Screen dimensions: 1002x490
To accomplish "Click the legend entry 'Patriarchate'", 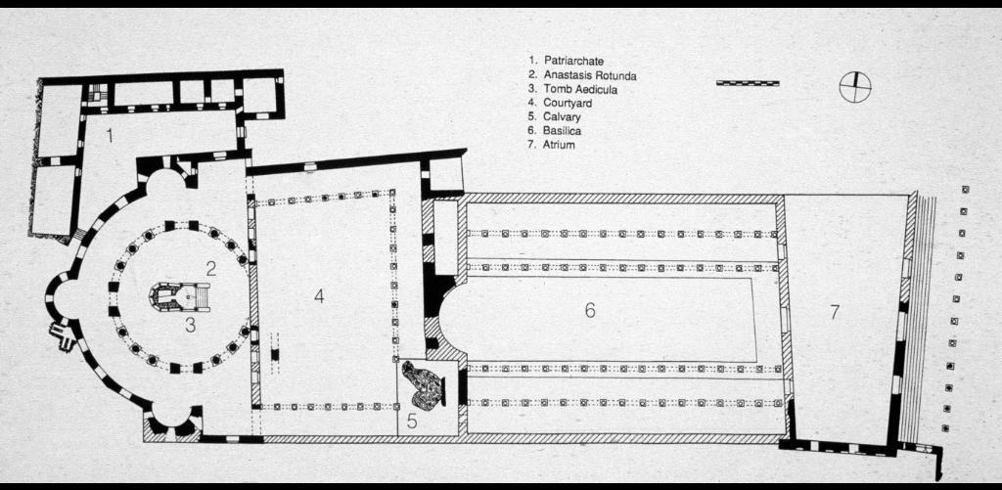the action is (x=568, y=61).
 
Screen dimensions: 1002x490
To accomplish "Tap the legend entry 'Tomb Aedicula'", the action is (x=573, y=89).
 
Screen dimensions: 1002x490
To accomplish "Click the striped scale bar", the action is (x=748, y=83).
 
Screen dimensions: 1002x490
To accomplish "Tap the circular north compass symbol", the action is (x=854, y=87).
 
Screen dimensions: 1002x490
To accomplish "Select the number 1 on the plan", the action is (x=110, y=136).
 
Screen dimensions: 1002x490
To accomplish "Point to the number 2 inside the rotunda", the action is (x=210, y=268).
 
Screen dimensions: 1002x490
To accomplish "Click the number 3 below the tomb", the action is (x=191, y=326).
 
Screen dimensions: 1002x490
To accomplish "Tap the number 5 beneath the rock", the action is (x=412, y=422).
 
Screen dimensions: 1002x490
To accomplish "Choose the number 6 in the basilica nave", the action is (x=590, y=310).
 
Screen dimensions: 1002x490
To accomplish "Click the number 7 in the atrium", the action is (x=834, y=312).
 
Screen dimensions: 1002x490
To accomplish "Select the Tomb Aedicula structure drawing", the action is (x=177, y=295).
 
